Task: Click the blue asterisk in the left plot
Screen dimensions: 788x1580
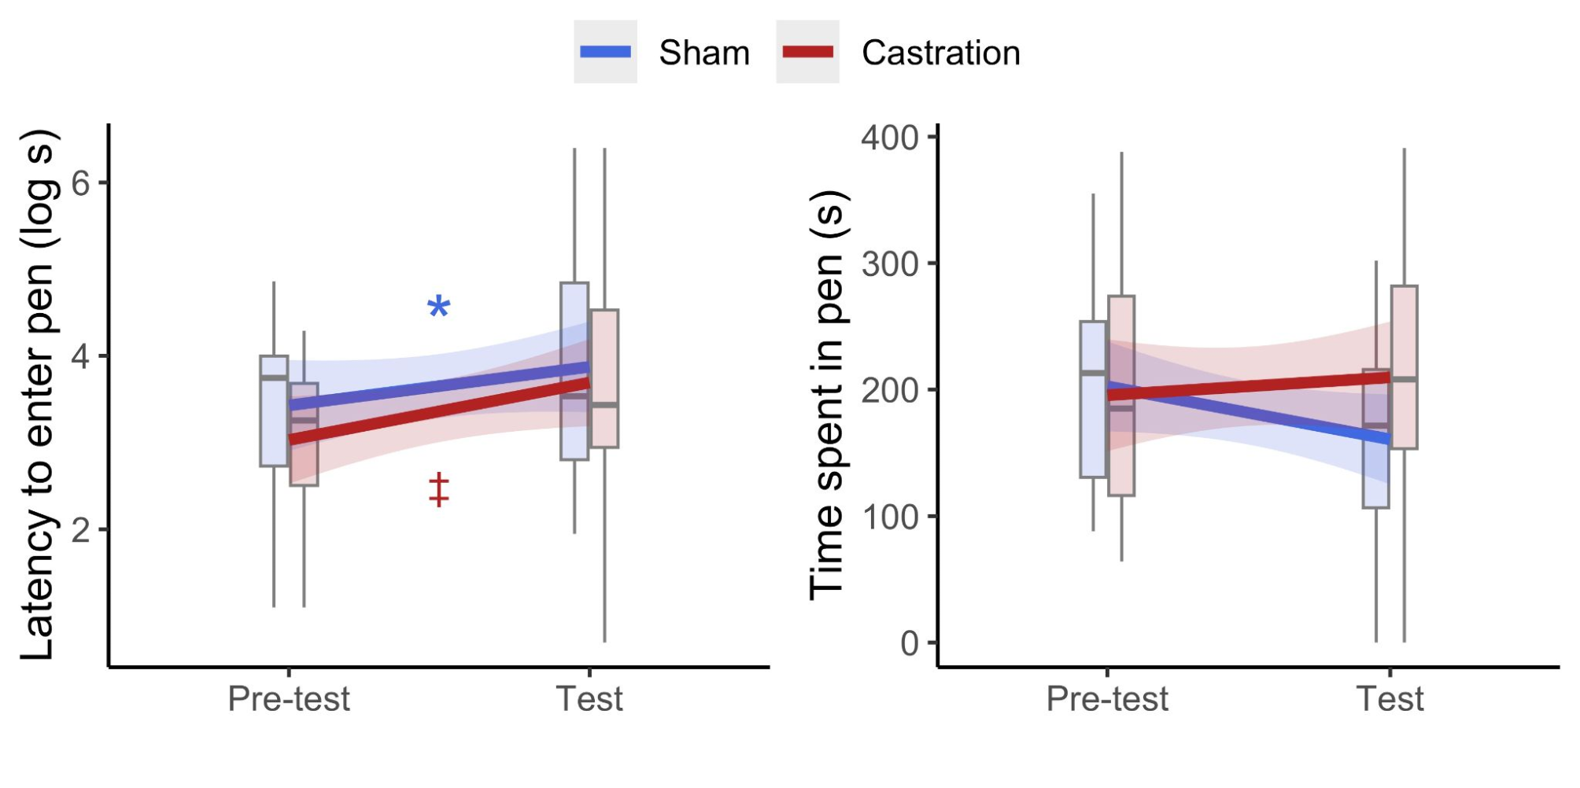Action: click(x=439, y=307)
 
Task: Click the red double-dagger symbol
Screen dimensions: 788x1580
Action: click(x=439, y=489)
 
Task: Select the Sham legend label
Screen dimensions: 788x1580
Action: click(x=703, y=53)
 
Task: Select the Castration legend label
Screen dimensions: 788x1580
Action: click(x=940, y=53)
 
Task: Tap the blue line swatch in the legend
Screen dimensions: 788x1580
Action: click(x=605, y=52)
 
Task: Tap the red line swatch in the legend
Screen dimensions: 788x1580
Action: click(x=807, y=52)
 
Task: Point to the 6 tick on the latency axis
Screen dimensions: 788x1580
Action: click(x=80, y=183)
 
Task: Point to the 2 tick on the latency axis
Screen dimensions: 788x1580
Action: click(x=80, y=529)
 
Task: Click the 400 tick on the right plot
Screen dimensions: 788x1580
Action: click(x=891, y=138)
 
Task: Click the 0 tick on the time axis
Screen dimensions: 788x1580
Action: click(x=910, y=643)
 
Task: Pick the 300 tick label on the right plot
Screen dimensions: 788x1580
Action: click(x=891, y=264)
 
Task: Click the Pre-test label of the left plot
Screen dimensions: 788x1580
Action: click(x=289, y=698)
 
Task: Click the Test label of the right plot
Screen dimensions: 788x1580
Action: click(x=1390, y=698)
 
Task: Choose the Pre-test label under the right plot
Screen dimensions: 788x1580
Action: click(x=1107, y=698)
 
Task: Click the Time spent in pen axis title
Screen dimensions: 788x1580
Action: click(x=827, y=393)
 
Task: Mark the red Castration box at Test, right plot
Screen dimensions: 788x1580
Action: click(x=1405, y=330)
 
